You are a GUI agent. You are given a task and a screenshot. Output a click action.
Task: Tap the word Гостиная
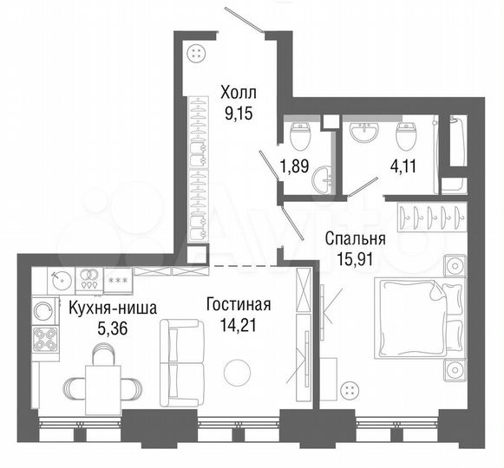[x=239, y=305]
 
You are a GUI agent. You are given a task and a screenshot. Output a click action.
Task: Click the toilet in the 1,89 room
[x=301, y=136]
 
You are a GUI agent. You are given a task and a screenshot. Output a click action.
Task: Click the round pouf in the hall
[x=199, y=53]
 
